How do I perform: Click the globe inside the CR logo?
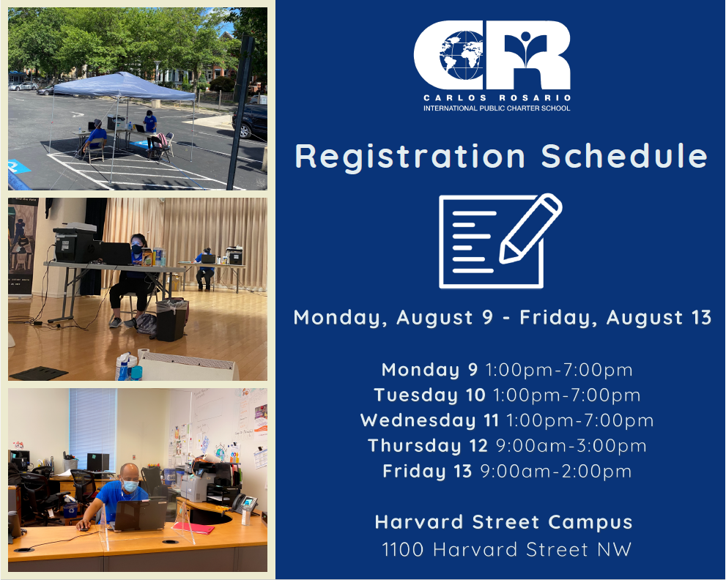(x=461, y=55)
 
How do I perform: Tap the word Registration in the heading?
(x=410, y=157)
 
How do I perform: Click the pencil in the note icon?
(x=530, y=228)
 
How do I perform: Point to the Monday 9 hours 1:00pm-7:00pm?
(x=559, y=370)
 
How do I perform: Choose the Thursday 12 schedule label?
(x=428, y=446)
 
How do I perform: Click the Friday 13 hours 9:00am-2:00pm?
(x=556, y=471)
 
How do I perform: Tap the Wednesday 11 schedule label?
(x=430, y=420)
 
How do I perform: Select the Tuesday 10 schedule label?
(x=430, y=395)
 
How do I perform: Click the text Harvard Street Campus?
(x=504, y=522)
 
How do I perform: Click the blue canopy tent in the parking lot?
(x=123, y=86)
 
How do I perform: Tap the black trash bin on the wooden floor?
(x=171, y=320)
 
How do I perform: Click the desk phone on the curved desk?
(x=245, y=503)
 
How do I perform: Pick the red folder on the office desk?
(x=193, y=528)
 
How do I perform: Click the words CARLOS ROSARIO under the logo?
(x=497, y=97)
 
